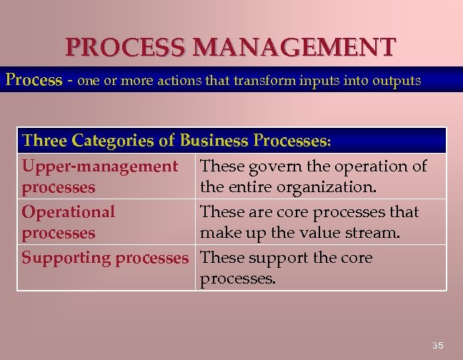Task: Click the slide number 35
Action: coord(438,346)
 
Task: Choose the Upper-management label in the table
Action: coord(99,166)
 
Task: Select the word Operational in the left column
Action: coord(68,212)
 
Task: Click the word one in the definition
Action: coord(90,81)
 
